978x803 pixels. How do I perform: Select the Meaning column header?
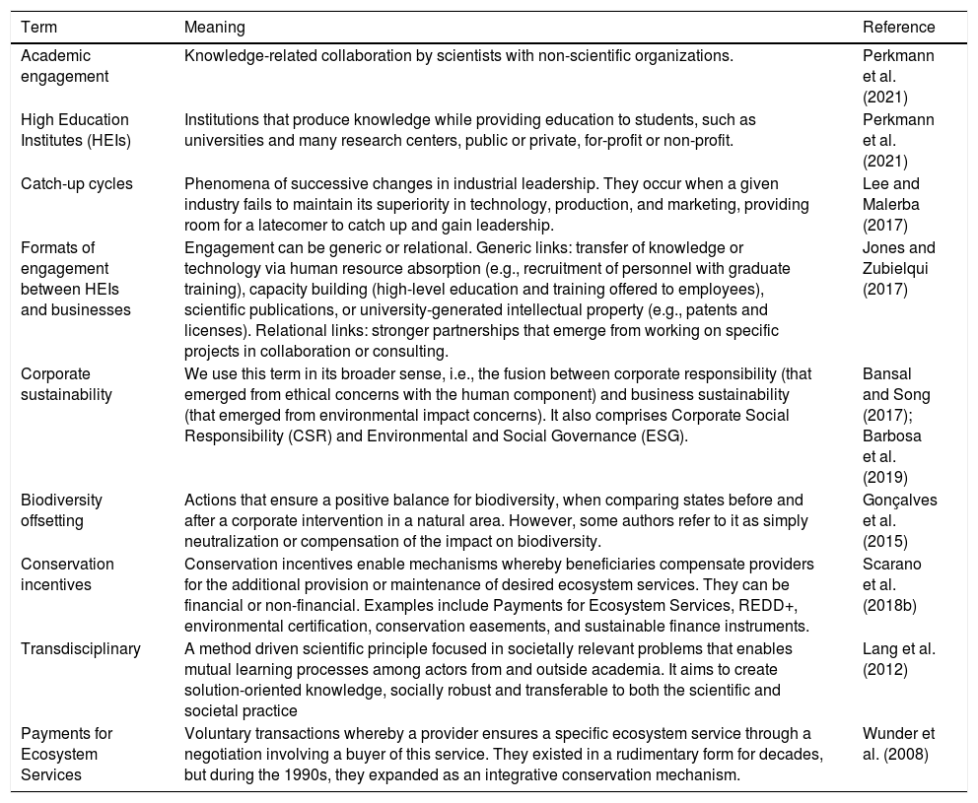[x=215, y=28]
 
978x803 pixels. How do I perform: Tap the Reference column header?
[x=898, y=28]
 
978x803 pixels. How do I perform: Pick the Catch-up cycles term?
[x=76, y=183]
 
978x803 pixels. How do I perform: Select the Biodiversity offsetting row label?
[x=61, y=509]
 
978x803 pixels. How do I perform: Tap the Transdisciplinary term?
[x=80, y=648]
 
